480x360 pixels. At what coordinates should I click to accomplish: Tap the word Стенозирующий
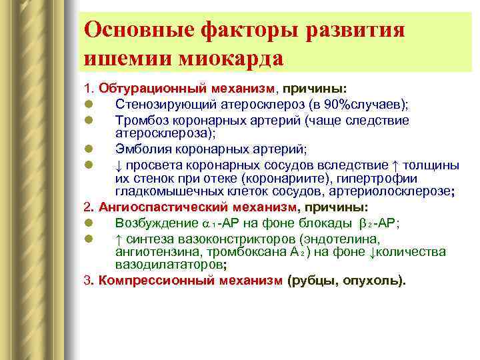pos(159,104)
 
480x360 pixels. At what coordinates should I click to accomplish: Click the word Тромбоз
pos(140,121)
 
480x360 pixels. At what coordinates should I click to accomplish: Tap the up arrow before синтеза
pos(119,239)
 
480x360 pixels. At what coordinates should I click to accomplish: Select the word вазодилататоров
pos(165,263)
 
